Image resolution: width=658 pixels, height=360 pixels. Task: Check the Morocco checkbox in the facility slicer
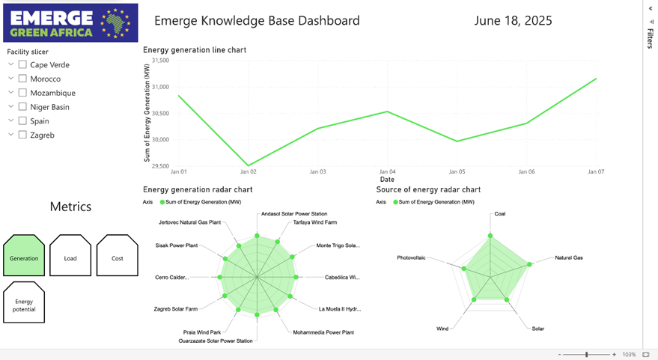22,79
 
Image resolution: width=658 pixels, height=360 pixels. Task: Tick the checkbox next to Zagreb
22,135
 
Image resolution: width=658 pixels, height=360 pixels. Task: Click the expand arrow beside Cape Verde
11,64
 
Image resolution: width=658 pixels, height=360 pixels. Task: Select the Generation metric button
24,255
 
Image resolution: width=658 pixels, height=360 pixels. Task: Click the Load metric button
70,255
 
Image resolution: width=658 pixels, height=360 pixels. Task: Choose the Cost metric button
118,255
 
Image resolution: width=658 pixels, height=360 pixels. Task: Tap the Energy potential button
24,302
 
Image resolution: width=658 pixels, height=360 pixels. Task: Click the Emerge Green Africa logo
70,22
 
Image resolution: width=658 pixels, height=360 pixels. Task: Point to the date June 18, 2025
514,20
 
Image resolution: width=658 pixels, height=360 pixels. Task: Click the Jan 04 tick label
387,171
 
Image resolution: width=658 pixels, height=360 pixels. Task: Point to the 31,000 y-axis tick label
160,87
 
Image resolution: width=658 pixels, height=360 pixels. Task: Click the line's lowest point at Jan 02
248,165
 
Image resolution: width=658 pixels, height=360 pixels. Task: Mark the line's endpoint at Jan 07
596,79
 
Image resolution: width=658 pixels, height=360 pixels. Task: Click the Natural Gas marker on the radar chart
529,264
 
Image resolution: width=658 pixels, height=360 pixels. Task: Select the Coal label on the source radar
500,213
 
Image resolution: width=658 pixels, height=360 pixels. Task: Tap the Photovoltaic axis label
411,257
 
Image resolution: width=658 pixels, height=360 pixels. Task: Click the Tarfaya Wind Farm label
314,222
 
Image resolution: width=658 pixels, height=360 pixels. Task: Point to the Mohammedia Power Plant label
323,332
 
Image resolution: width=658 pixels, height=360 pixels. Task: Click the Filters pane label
650,39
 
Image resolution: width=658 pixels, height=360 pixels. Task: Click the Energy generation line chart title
195,50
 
